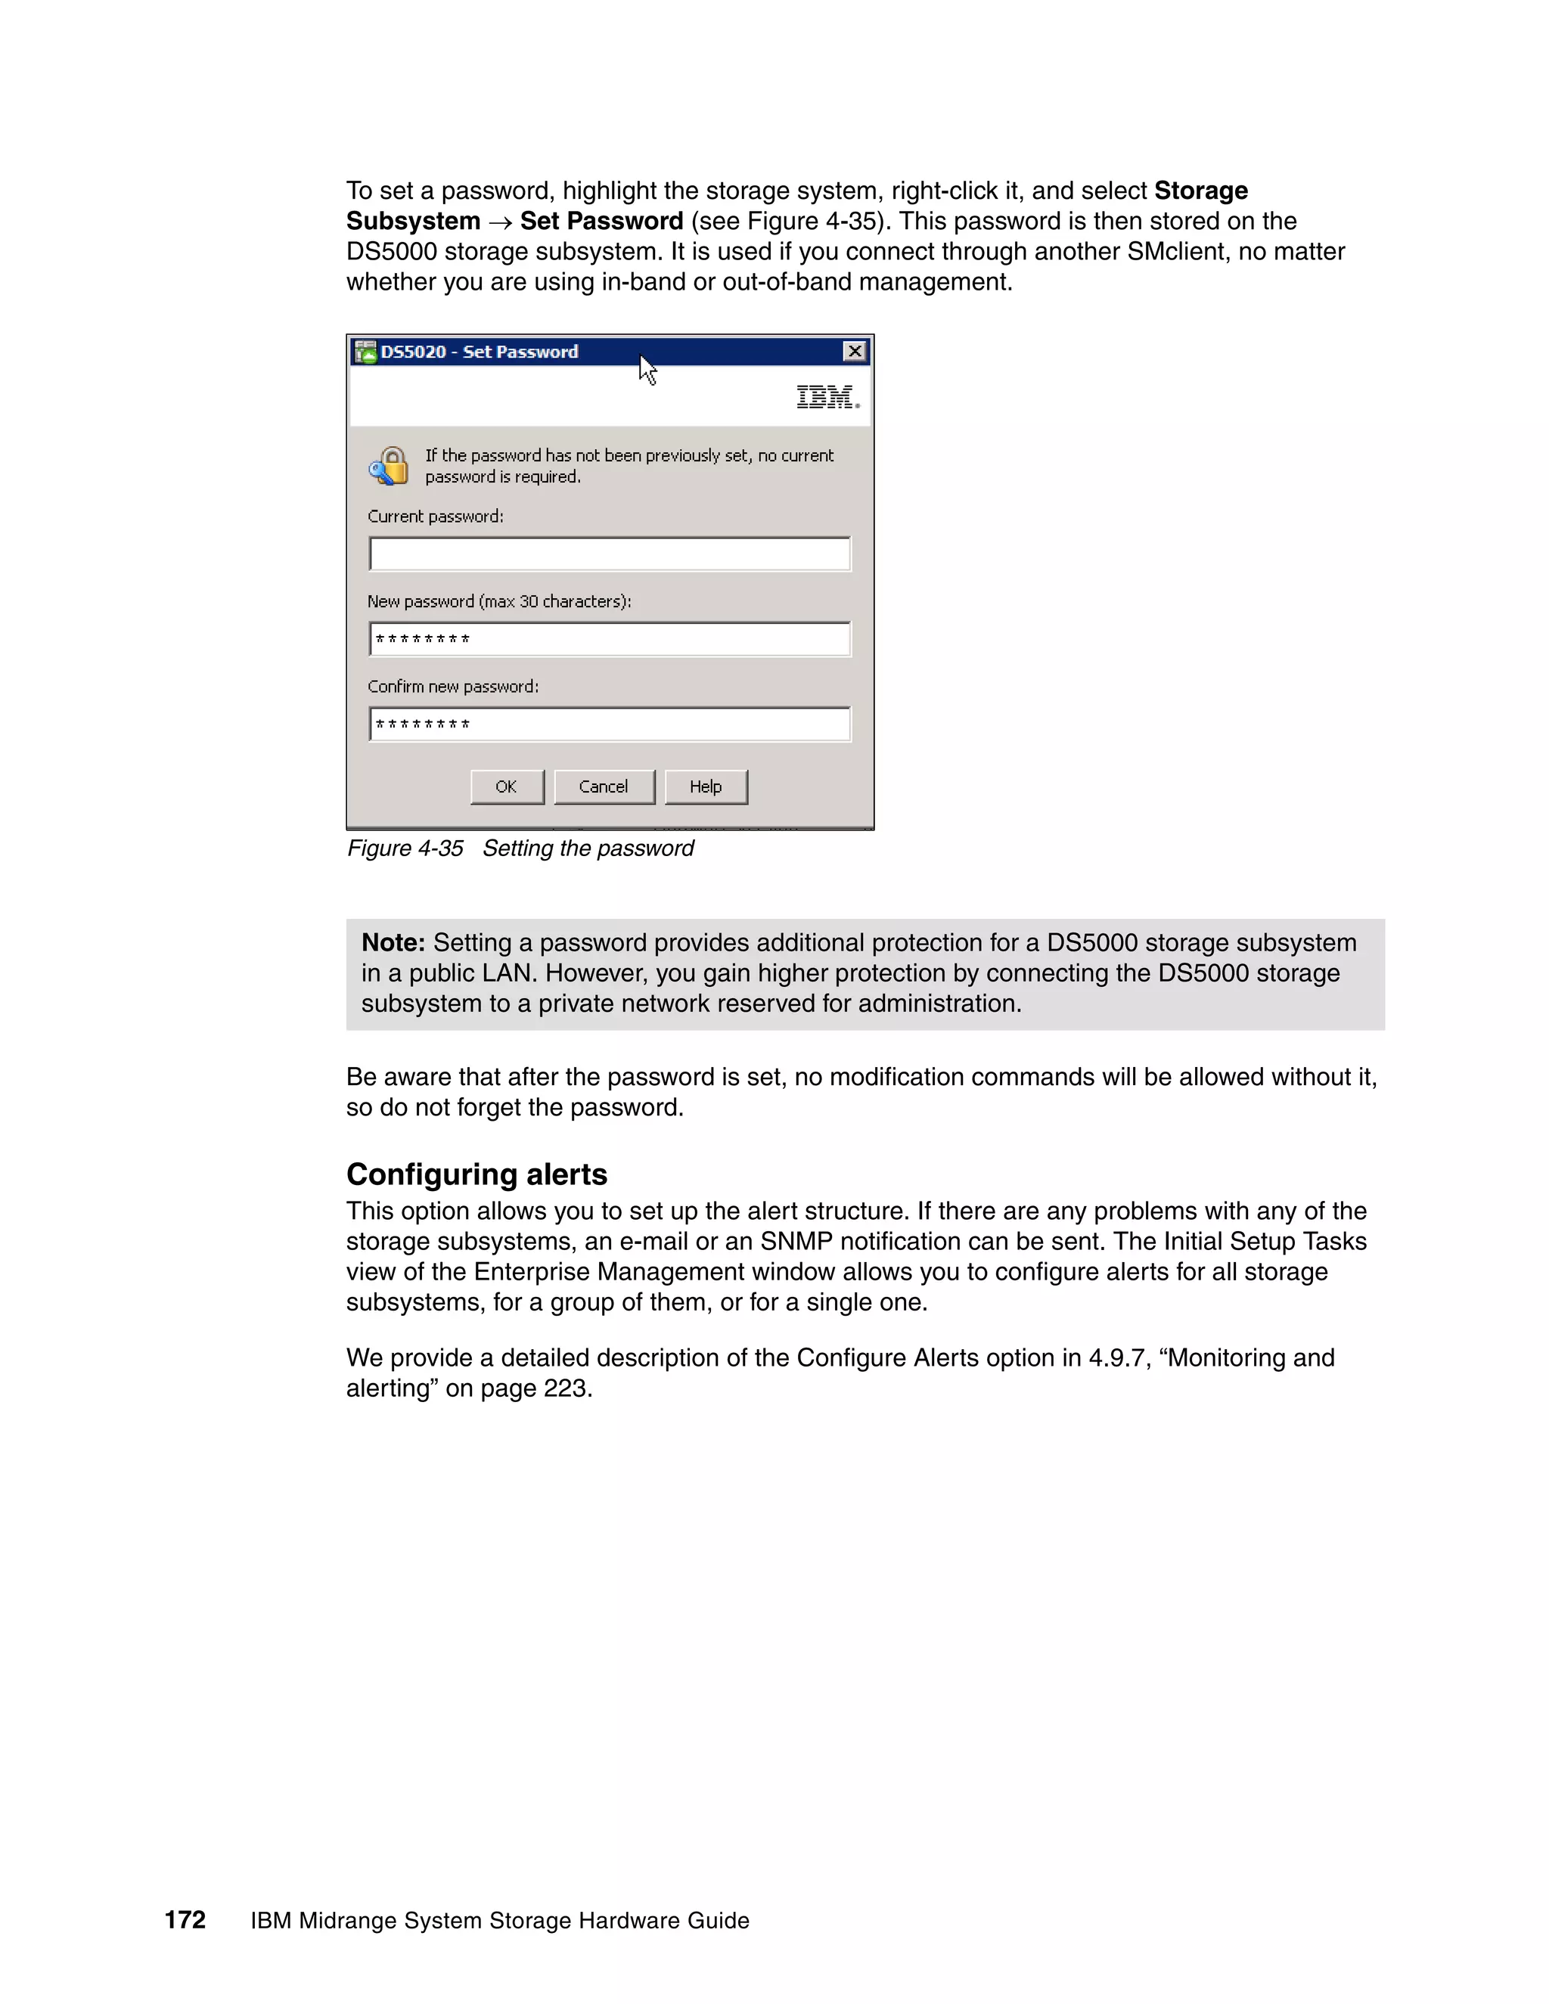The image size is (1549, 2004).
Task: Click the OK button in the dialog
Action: click(507, 786)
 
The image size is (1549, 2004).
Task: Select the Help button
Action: click(706, 786)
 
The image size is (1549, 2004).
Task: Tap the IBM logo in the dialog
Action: click(827, 397)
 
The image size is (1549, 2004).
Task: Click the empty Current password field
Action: click(610, 554)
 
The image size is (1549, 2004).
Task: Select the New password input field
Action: click(610, 639)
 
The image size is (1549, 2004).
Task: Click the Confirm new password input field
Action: click(610, 724)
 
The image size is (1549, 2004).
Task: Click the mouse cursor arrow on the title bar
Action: click(647, 369)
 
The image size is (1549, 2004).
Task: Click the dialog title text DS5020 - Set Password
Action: click(479, 352)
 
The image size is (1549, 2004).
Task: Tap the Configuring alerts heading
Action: click(476, 1174)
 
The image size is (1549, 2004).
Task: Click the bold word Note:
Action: click(393, 942)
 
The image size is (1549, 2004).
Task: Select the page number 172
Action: click(185, 1919)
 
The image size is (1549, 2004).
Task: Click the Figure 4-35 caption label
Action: click(405, 848)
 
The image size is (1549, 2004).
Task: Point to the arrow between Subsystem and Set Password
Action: click(500, 222)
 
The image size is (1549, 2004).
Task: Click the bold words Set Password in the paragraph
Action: click(601, 221)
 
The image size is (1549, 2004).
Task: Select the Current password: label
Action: click(435, 516)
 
